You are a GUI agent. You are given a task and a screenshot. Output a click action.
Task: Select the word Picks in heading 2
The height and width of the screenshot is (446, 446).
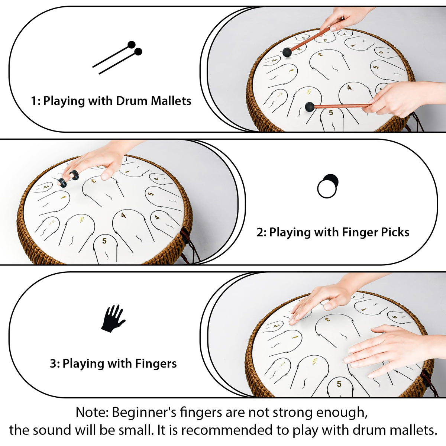(x=395, y=232)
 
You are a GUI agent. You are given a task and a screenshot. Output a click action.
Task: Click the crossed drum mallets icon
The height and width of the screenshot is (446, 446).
(x=117, y=58)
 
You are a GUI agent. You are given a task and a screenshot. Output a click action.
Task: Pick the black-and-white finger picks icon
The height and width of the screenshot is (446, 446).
(x=328, y=186)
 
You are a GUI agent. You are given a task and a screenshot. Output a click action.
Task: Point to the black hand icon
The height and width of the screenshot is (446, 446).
(x=113, y=319)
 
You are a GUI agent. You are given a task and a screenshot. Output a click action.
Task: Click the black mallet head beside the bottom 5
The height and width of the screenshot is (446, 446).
(x=310, y=107)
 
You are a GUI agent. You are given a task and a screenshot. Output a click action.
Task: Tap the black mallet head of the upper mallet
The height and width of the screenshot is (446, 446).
(x=287, y=52)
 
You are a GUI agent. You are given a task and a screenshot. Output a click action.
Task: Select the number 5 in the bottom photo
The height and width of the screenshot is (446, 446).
(x=339, y=384)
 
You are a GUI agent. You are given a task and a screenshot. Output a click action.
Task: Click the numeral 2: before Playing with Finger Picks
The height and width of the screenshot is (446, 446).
(x=262, y=232)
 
